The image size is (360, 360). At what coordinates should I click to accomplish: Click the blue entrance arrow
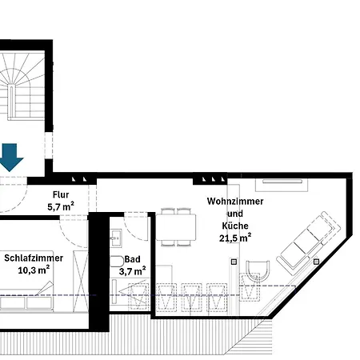click(10, 158)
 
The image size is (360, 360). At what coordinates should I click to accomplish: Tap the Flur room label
click(61, 194)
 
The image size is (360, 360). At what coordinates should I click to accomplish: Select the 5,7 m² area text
click(61, 206)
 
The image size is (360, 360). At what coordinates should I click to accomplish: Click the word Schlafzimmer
click(34, 258)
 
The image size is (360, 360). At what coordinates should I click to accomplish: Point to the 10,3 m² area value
click(34, 270)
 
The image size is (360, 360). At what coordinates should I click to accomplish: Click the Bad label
click(132, 259)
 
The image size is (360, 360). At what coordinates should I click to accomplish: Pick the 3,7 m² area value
click(132, 271)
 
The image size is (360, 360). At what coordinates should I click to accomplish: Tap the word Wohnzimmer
click(235, 202)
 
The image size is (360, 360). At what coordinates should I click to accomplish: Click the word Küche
click(235, 226)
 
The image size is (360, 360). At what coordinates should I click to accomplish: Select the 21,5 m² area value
click(235, 238)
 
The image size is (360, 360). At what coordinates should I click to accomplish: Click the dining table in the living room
click(176, 227)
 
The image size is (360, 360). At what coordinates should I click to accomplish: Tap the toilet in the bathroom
click(117, 262)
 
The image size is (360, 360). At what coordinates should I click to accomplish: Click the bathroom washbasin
click(116, 238)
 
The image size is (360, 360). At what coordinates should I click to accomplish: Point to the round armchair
click(258, 270)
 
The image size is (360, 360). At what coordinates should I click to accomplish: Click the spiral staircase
click(22, 86)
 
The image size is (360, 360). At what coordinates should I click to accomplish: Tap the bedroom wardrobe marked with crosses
click(81, 281)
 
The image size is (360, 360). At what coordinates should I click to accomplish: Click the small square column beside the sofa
click(316, 262)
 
